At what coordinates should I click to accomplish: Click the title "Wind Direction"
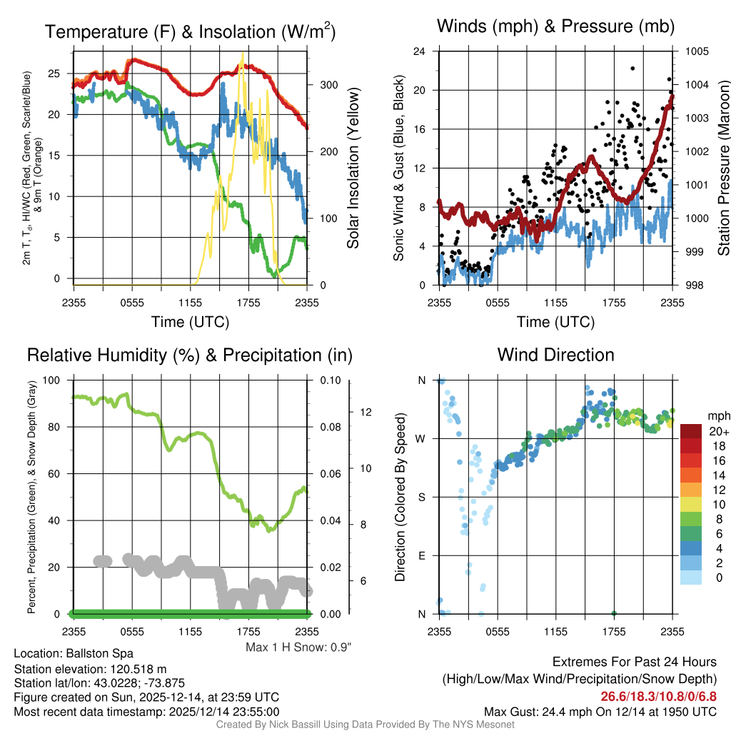(x=555, y=355)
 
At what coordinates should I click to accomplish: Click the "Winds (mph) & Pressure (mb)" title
(x=555, y=27)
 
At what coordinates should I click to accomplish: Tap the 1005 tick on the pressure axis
(x=695, y=51)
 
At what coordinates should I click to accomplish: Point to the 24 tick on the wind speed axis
(x=420, y=51)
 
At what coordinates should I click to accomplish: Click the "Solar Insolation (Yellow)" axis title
(x=353, y=168)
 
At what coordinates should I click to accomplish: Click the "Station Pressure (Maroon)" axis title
(x=722, y=168)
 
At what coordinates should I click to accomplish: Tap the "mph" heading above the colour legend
(x=717, y=415)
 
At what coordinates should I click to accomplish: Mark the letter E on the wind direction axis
(x=421, y=555)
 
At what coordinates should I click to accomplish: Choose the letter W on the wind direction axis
(x=421, y=438)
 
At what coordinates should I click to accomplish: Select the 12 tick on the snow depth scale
(x=368, y=412)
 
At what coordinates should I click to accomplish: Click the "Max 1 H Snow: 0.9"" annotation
(x=299, y=647)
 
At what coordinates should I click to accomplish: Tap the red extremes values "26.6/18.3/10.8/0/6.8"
(x=658, y=697)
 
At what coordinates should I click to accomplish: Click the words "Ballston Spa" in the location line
(x=100, y=653)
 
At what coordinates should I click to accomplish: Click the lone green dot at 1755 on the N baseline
(x=613, y=613)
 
